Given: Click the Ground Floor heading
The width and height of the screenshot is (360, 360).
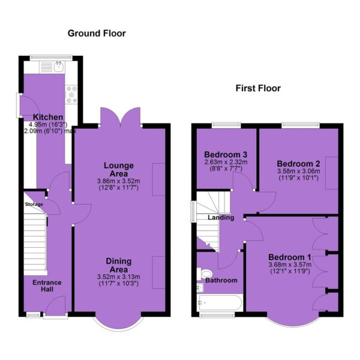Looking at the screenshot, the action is pyautogui.click(x=97, y=34).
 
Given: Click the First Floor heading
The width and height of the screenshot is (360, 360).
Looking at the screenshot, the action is pyautogui.click(x=258, y=88).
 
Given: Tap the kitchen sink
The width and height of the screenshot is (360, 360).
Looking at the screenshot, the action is pyautogui.click(x=59, y=67).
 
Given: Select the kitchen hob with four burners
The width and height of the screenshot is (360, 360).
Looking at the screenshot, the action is pyautogui.click(x=71, y=95).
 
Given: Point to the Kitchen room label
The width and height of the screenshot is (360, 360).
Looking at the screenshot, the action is pyautogui.click(x=48, y=117).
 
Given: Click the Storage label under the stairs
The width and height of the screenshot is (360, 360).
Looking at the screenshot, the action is pyautogui.click(x=34, y=205).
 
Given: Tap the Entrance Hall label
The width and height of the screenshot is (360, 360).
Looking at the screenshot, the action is pyautogui.click(x=47, y=286).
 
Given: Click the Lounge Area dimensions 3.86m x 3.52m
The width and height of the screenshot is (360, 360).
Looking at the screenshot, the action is pyautogui.click(x=118, y=181).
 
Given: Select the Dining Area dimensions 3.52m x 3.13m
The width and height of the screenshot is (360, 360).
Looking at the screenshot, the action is pyautogui.click(x=118, y=277).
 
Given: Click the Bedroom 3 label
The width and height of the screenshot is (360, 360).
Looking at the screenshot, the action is pyautogui.click(x=226, y=154).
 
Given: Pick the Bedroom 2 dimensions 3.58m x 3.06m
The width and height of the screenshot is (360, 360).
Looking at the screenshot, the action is pyautogui.click(x=298, y=171).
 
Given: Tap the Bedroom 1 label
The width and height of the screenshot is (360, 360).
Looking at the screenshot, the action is pyautogui.click(x=290, y=257).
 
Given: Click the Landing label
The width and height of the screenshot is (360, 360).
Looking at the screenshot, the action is pyautogui.click(x=221, y=217).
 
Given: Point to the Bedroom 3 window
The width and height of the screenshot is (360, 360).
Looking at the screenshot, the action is pyautogui.click(x=226, y=125).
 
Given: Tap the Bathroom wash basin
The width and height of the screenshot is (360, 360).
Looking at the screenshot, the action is pyautogui.click(x=200, y=287).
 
